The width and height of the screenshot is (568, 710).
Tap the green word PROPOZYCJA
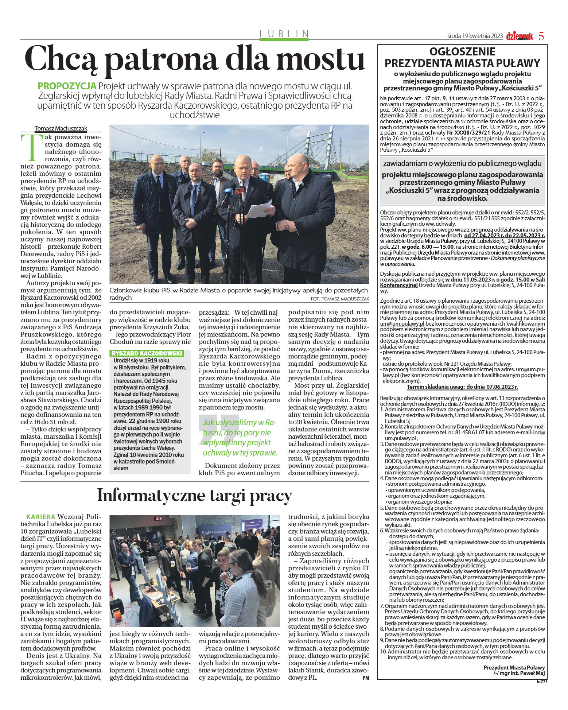point(67,86)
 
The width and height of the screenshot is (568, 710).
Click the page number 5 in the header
point(541,36)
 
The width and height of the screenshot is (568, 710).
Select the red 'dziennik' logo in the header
point(520,36)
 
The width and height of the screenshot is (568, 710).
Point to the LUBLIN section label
point(284,34)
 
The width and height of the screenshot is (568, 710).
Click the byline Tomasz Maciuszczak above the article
point(61,128)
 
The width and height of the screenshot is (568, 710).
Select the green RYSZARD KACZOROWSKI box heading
point(147,353)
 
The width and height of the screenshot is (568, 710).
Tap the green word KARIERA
point(41,517)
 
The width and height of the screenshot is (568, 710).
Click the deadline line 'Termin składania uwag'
point(462,387)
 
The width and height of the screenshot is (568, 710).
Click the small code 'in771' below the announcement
point(542,681)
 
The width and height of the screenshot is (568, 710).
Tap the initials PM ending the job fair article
point(366,678)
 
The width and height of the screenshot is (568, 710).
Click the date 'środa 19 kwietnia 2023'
point(475,36)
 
